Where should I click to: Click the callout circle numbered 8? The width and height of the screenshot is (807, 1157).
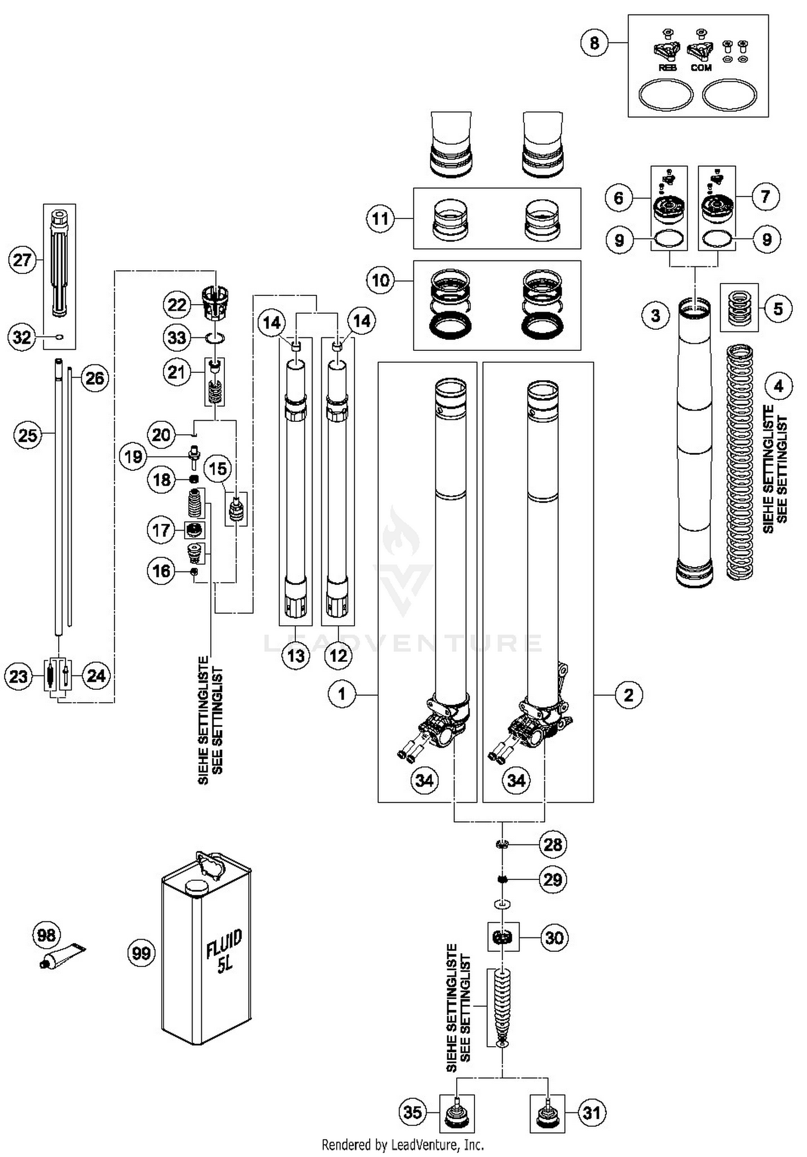pyautogui.click(x=594, y=43)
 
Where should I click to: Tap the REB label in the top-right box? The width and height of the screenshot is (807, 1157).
pyautogui.click(x=667, y=68)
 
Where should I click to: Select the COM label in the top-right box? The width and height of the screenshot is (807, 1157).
pyautogui.click(x=701, y=68)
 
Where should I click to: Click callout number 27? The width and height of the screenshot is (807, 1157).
pyautogui.click(x=22, y=260)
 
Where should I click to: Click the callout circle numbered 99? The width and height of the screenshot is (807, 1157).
pyautogui.click(x=141, y=953)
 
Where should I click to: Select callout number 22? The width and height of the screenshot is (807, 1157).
pyautogui.click(x=177, y=305)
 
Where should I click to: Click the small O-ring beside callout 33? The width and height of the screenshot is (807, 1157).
pyautogui.click(x=215, y=338)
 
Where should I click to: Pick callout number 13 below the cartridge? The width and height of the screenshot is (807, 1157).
pyautogui.click(x=296, y=655)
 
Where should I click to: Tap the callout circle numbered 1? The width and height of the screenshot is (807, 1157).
pyautogui.click(x=342, y=694)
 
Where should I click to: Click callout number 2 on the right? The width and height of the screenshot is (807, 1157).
pyautogui.click(x=628, y=695)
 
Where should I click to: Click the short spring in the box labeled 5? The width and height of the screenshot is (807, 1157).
pyautogui.click(x=739, y=308)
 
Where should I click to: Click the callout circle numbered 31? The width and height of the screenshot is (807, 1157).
pyautogui.click(x=592, y=1112)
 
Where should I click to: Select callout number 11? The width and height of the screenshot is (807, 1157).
pyautogui.click(x=380, y=218)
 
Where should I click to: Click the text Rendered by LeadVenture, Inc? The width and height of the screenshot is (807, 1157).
pyautogui.click(x=402, y=1145)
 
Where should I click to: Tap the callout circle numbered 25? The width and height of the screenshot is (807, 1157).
pyautogui.click(x=27, y=434)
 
